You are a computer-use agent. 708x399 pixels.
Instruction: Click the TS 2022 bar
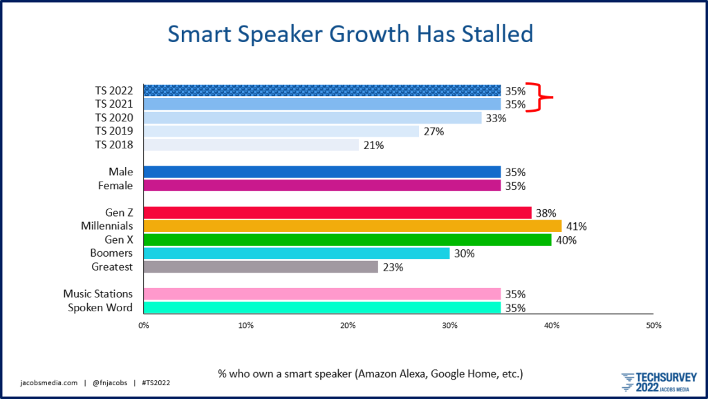pyautogui.click(x=322, y=90)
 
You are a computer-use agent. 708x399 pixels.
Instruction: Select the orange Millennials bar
pyautogui.click(x=352, y=226)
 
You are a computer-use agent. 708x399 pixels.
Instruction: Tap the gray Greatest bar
pyautogui.click(x=261, y=266)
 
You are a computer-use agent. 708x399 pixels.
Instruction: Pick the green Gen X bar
pyautogui.click(x=347, y=240)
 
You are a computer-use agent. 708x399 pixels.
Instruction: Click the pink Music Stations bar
pyautogui.click(x=322, y=294)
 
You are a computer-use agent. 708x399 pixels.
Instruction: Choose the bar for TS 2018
pyautogui.click(x=251, y=145)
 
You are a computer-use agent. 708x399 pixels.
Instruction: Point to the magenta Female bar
pyautogui.click(x=322, y=186)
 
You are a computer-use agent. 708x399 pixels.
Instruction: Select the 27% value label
pyautogui.click(x=434, y=131)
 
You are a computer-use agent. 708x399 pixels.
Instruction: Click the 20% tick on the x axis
pyautogui.click(x=348, y=325)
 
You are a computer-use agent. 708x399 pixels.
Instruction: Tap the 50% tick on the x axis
pyautogui.click(x=653, y=325)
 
